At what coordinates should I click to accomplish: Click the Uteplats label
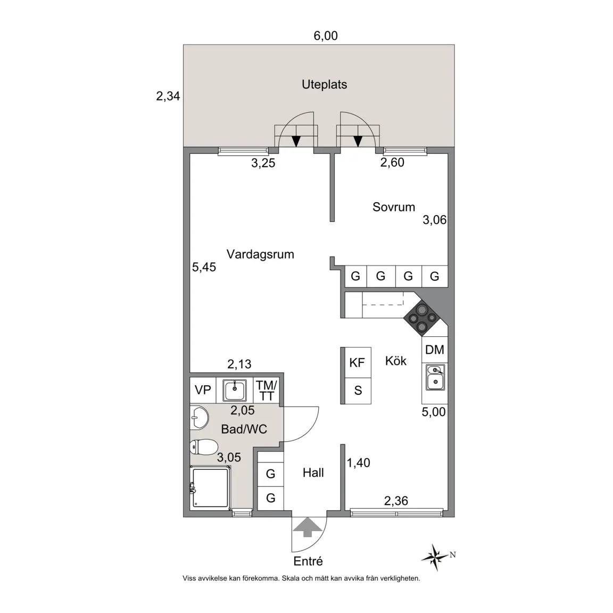point(324,85)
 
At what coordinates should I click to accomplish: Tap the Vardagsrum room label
point(260,254)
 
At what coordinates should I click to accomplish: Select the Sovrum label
point(394,207)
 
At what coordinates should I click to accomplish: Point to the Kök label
point(396,360)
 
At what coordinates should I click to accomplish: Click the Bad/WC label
point(244,429)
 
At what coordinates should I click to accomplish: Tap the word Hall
point(313,473)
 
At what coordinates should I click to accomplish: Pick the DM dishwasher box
point(435,350)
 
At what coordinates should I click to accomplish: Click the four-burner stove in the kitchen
point(422,318)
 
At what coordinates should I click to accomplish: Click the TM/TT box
point(266,390)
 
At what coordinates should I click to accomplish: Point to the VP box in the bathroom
point(203,390)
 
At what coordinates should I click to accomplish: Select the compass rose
point(435,557)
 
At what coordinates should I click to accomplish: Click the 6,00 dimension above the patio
point(326,36)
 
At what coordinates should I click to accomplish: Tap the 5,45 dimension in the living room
point(204,267)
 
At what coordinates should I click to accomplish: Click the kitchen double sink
point(435,378)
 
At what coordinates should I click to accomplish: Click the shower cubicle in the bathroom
point(210,487)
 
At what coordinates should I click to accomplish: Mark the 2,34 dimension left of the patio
point(168,96)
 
